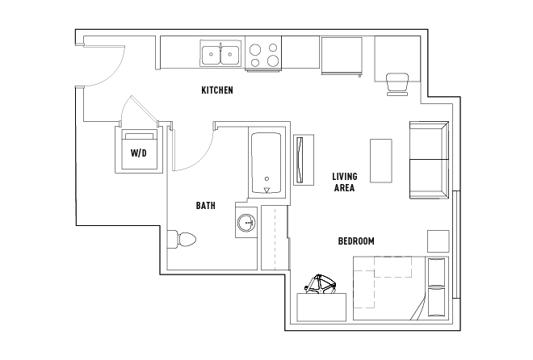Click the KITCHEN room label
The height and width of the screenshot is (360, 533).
[x=217, y=90]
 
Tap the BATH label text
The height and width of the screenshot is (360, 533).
[x=206, y=206]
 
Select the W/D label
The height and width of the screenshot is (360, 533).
[x=139, y=153]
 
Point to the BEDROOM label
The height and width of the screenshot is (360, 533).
[x=356, y=241]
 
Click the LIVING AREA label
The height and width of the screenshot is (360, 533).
[x=345, y=182]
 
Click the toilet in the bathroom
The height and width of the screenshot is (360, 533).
[x=182, y=240]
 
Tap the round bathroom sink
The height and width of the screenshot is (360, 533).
[x=246, y=223]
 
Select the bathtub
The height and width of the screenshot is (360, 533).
[x=266, y=163]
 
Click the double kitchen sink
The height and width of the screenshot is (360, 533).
[x=220, y=53]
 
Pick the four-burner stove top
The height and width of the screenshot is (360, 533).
[x=263, y=53]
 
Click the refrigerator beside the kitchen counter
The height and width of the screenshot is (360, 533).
[x=342, y=56]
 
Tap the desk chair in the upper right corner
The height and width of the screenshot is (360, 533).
[x=397, y=84]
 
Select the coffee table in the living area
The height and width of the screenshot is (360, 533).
[x=380, y=161]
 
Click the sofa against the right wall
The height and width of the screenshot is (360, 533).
[x=430, y=160]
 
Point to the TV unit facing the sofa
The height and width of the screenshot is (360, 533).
[x=304, y=160]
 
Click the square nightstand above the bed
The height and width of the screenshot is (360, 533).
[x=439, y=241]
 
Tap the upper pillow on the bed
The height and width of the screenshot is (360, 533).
[x=436, y=272]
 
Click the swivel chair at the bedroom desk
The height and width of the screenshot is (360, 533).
[x=321, y=285]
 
